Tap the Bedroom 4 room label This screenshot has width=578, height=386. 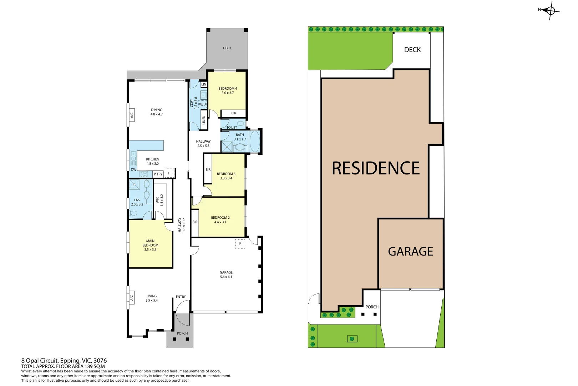tap(228, 89)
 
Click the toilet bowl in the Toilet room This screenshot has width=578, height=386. tap(241, 124)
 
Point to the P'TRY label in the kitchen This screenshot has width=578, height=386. tap(158, 174)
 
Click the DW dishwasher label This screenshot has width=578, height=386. tap(133, 170)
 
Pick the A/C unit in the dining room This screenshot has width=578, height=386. tap(131, 115)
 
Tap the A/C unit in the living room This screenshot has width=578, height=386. tap(131, 297)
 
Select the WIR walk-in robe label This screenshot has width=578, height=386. tap(157, 200)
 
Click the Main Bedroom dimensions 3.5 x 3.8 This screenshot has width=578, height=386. tap(150, 250)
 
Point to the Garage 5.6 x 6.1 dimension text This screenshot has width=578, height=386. tap(226, 277)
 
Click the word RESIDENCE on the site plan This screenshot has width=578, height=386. tap(376, 168)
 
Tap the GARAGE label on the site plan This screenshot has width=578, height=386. tap(410, 252)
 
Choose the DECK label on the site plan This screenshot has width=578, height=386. tap(412, 50)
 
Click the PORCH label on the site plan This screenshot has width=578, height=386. tap(372, 307)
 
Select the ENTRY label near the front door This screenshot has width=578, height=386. tap(181, 297)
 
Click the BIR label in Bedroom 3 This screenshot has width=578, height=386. tap(208, 170)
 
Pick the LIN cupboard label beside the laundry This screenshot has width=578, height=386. tap(204, 85)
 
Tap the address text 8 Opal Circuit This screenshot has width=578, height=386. tap(64, 361)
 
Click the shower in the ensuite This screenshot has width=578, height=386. tap(135, 184)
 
